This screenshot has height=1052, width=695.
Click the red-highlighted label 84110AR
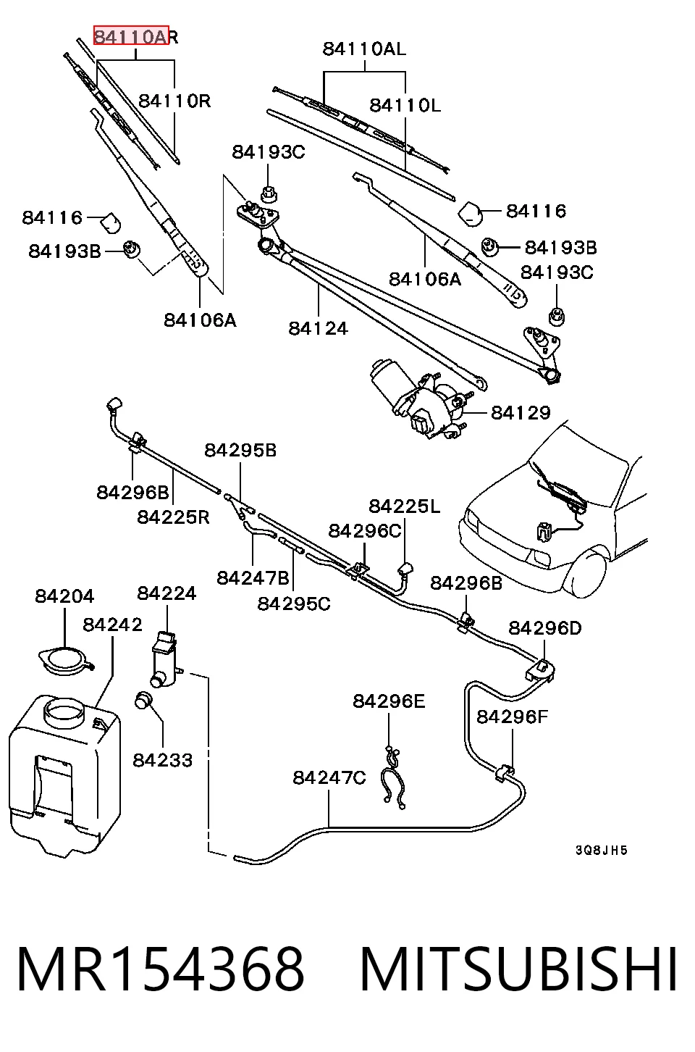(136, 36)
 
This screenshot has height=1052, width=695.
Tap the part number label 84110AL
(364, 49)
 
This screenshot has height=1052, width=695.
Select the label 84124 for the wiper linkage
(318, 328)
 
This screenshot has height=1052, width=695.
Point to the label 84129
(521, 413)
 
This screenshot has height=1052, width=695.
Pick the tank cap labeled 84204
(66, 661)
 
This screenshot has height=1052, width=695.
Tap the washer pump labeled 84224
(164, 659)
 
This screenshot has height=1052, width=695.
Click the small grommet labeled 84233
(143, 701)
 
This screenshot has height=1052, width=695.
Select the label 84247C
(329, 777)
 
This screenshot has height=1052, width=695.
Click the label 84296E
(389, 701)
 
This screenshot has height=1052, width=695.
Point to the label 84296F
(512, 717)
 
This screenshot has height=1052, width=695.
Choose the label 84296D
(545, 628)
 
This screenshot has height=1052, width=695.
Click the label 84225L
(404, 506)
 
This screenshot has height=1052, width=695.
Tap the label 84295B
(240, 451)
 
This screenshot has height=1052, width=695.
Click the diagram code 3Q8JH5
(601, 850)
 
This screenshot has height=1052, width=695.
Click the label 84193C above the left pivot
(269, 151)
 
